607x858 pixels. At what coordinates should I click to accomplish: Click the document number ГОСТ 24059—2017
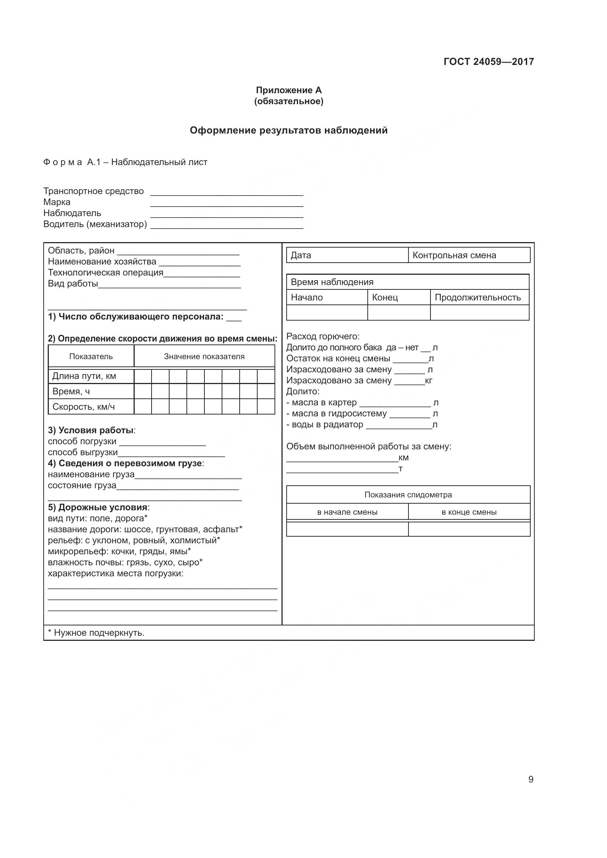coord(488,62)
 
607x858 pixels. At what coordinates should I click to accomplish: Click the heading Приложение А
coord(288,90)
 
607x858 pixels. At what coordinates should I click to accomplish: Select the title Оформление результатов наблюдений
coord(288,131)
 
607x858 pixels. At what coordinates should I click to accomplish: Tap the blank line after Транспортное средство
coord(226,192)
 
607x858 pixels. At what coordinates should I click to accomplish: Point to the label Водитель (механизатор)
coord(95,224)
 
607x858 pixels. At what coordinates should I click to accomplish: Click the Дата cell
coord(347,255)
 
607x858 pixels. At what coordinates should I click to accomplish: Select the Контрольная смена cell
coord(469,255)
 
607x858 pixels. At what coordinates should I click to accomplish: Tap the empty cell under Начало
coord(327,313)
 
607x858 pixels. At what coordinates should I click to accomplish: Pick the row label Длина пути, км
coord(84,376)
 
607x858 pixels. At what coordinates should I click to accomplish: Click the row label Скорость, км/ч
coord(83,406)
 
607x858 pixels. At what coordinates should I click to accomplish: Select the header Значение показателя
coord(204,357)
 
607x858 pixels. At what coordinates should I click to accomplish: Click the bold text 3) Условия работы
coord(91,431)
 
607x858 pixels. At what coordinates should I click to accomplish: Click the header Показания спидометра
coord(408,495)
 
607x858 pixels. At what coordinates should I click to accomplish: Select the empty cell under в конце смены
coord(469,529)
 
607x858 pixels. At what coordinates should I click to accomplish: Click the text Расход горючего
coord(323,336)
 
